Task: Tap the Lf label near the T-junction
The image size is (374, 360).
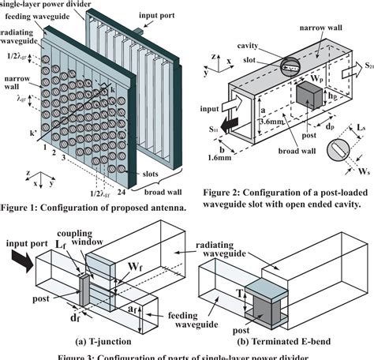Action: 61,248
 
